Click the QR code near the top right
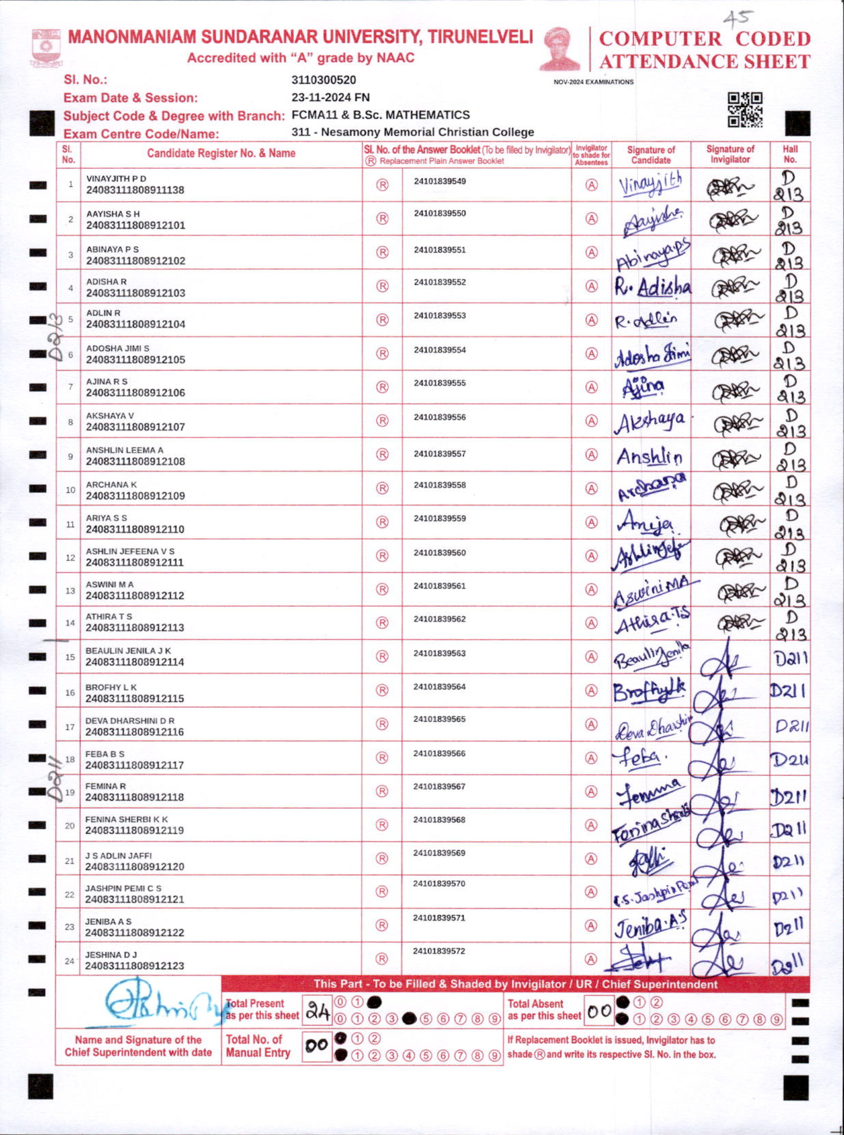point(745,110)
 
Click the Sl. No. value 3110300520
point(323,80)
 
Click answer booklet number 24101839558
point(440,485)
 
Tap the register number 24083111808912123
point(135,966)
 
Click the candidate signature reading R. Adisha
point(652,288)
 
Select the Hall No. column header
point(790,154)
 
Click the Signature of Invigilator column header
point(730,154)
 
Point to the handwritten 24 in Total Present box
point(318,1011)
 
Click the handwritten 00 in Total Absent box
point(599,1011)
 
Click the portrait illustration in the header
point(560,49)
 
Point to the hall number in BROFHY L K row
point(789,691)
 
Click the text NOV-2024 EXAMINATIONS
point(593,82)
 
